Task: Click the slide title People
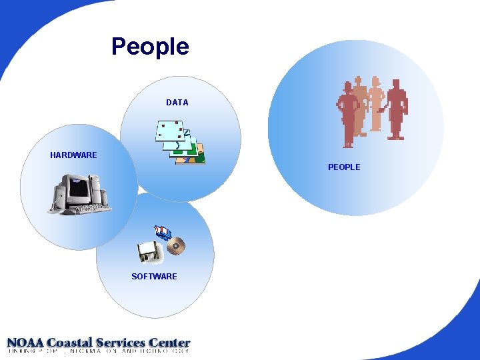(150, 47)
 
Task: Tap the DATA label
(177, 103)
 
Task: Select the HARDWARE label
(73, 155)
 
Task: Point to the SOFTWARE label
(154, 277)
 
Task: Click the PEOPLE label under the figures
(344, 167)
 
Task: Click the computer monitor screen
(78, 189)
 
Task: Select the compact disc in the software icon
(175, 246)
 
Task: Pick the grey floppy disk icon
(147, 252)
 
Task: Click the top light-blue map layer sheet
(169, 131)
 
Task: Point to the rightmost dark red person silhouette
(397, 110)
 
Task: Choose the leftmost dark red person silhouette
(347, 113)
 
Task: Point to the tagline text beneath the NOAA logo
(99, 351)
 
